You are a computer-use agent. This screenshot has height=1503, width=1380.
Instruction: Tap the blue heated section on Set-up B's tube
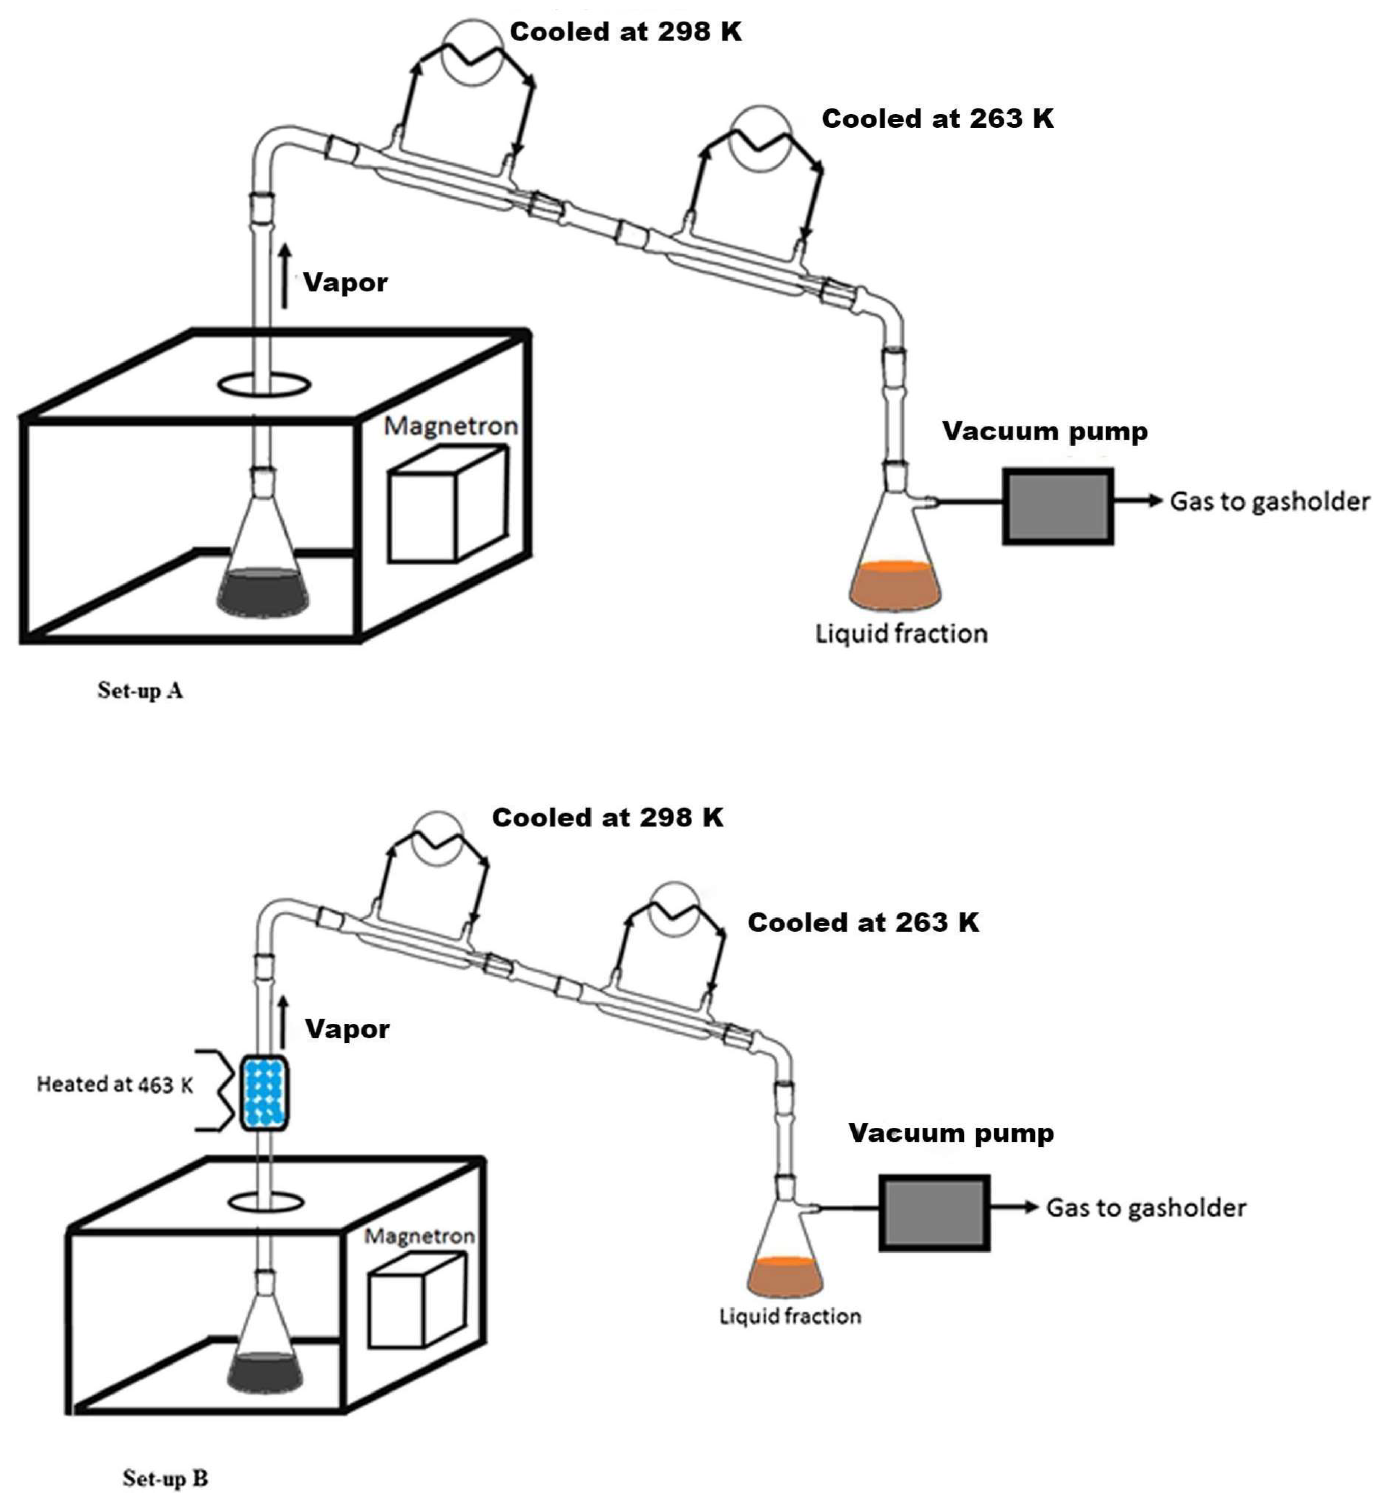[x=264, y=1093]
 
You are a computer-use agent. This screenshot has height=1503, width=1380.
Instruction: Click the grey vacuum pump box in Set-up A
[x=1057, y=507]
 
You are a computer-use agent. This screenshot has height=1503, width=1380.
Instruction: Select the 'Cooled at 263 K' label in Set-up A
[x=937, y=119]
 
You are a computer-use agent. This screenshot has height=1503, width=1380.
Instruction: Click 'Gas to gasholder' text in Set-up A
[x=1270, y=501]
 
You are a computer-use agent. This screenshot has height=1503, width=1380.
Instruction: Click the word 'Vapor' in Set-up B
[x=347, y=1029]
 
